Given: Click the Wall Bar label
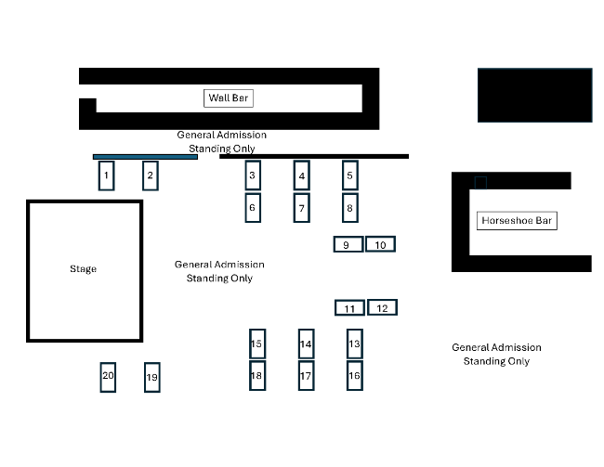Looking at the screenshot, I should tap(229, 97).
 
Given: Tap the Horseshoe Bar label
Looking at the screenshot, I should tap(517, 221).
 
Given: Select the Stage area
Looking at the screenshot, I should tap(84, 270).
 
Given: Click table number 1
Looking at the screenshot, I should tap(107, 175).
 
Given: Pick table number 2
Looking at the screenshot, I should tap(151, 175).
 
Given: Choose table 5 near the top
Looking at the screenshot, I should tap(350, 175).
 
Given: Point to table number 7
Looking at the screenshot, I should tap(301, 209).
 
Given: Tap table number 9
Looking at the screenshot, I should tap(347, 245).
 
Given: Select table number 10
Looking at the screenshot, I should tap(380, 244).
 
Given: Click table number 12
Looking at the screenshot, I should tap(382, 307).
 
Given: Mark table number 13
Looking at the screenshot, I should tap(354, 344).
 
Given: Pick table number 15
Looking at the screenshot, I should tap(256, 344).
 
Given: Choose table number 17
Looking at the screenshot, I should tap(306, 376).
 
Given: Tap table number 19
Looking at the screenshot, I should tap(152, 378).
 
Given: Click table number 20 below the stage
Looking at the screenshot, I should tap(108, 376).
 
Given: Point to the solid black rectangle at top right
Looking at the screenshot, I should tap(534, 95).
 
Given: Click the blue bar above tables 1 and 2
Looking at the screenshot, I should tap(145, 156).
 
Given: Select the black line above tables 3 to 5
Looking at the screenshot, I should tap(313, 156).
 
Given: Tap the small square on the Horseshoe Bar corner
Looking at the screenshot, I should tap(480, 183).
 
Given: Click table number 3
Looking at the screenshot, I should tap(252, 175).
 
